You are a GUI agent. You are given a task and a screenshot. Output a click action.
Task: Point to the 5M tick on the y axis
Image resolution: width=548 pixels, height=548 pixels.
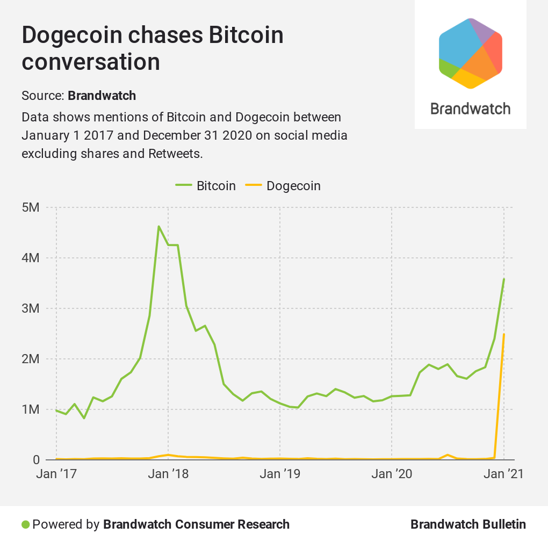click(32, 207)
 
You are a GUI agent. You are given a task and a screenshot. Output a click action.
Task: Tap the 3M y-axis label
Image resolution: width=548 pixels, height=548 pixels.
click(32, 308)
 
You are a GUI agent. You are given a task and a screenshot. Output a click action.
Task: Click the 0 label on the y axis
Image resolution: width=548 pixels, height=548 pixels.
click(36, 460)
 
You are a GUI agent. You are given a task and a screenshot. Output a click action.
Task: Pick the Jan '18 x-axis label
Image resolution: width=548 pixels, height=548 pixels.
click(168, 474)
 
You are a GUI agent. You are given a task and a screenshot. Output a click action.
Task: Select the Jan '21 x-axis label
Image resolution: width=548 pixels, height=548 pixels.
click(503, 474)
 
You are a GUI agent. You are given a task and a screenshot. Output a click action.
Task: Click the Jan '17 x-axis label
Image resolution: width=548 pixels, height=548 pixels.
click(56, 474)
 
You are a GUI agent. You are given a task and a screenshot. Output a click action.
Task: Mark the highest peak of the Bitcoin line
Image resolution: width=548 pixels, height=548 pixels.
click(158, 226)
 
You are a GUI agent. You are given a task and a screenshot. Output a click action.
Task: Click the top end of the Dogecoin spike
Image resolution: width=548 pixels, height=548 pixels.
click(504, 334)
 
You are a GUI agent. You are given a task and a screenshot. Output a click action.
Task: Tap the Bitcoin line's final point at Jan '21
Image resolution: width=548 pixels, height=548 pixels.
click(504, 278)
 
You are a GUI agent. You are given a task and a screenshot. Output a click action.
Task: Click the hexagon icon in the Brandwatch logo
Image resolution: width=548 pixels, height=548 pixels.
click(471, 53)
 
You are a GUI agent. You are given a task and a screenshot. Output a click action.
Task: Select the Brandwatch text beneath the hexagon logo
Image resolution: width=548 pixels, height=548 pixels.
click(471, 109)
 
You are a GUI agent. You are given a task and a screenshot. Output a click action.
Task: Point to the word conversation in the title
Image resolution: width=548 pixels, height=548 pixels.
click(91, 62)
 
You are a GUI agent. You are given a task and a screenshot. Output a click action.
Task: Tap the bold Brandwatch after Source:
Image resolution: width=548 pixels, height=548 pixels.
click(102, 96)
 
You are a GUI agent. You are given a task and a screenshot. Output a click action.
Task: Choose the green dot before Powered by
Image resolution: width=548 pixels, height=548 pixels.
click(25, 524)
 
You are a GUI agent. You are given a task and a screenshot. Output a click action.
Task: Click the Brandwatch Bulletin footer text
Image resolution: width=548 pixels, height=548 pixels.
click(468, 524)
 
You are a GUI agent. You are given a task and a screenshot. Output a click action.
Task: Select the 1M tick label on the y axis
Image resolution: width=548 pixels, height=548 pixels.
click(32, 409)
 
